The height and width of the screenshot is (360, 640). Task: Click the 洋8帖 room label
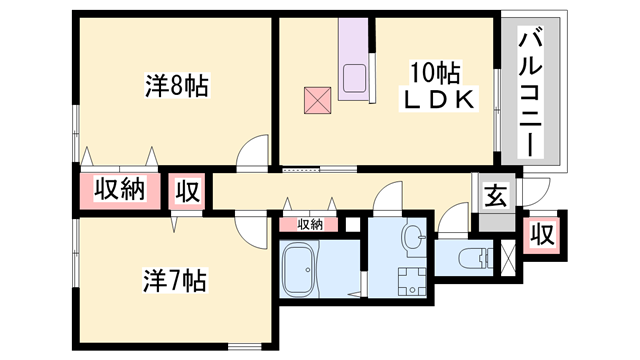(177, 85)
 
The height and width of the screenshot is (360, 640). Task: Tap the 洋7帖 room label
(174, 280)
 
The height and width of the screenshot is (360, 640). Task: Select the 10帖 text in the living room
(435, 73)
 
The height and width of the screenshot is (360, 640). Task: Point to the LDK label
(438, 99)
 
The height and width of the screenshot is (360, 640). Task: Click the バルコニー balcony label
(531, 92)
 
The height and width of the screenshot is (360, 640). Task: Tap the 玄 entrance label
(496, 196)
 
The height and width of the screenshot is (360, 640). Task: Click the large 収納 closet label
(120, 189)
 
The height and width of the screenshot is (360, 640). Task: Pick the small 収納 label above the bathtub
(310, 224)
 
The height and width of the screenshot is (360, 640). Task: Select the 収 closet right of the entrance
(542, 235)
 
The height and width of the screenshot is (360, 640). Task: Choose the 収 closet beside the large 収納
(187, 191)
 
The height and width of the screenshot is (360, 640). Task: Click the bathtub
(301, 269)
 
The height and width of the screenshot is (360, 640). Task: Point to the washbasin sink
(414, 237)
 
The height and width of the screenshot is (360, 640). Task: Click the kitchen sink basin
(354, 78)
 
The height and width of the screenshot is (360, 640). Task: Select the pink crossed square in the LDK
(318, 100)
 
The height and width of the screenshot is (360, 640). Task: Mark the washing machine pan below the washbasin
(412, 282)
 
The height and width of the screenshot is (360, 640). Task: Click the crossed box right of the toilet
(508, 258)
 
